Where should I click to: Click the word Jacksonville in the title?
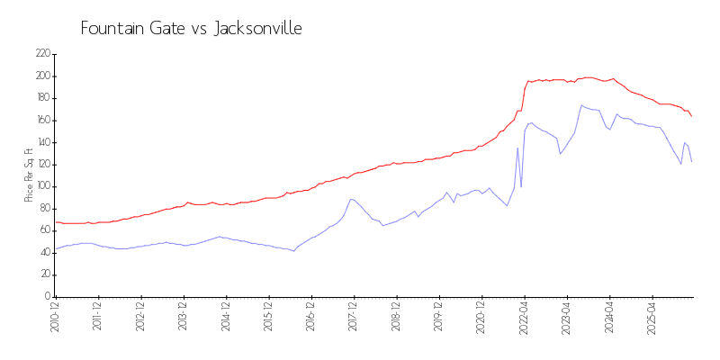[x=257, y=29]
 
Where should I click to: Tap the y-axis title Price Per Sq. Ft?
[x=30, y=175]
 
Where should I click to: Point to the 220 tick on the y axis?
[x=42, y=54]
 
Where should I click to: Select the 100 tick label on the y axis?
[x=42, y=186]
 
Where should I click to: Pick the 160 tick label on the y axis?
[x=42, y=121]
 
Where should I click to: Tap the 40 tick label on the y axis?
[x=44, y=253]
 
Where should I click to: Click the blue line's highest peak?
[x=582, y=105]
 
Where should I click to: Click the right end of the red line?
[x=691, y=116]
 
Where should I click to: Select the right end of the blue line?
[x=691, y=161]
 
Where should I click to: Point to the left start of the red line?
[x=56, y=221]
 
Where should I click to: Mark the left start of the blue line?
[x=56, y=248]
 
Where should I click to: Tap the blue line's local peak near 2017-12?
[x=351, y=199]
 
